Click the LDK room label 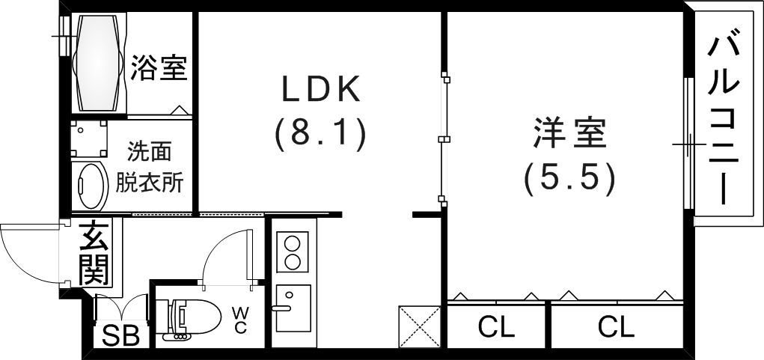click(x=322, y=89)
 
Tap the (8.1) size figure click(x=320, y=135)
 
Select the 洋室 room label click(x=570, y=133)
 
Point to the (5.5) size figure click(x=569, y=180)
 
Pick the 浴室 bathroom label click(x=159, y=67)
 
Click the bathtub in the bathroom click(x=99, y=64)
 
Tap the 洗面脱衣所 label click(x=149, y=168)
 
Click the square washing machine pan click(x=89, y=138)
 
